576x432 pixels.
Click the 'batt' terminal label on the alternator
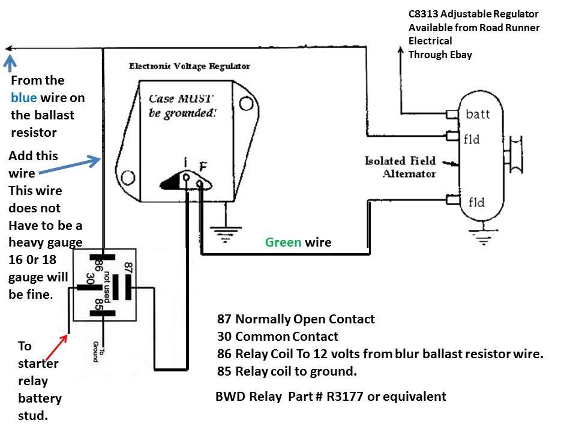[478, 114]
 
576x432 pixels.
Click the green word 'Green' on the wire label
[284, 242]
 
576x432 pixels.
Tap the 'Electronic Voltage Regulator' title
[190, 66]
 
